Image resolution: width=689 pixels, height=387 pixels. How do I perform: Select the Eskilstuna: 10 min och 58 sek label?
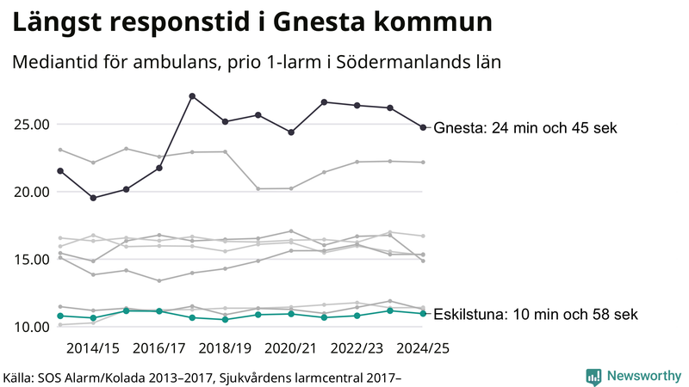pos(536,315)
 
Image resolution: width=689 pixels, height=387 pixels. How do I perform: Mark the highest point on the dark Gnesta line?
pos(192,95)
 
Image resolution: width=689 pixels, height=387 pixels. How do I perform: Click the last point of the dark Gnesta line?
pos(423,127)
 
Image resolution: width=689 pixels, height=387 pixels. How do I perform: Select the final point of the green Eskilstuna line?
pos(423,313)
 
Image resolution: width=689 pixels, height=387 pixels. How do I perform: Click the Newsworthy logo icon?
pos(593,376)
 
